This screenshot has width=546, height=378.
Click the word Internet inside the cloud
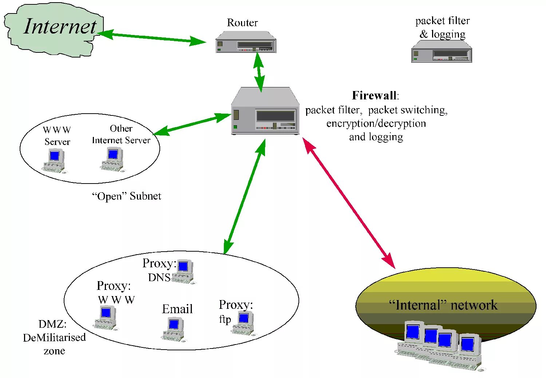[x=60, y=26]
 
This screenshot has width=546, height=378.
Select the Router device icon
[x=246, y=42]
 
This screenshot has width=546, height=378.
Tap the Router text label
[x=242, y=23]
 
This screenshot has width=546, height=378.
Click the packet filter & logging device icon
[x=442, y=51]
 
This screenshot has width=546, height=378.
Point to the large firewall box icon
[x=265, y=111]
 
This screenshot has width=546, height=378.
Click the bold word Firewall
[x=374, y=95]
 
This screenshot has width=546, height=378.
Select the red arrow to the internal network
[x=349, y=203]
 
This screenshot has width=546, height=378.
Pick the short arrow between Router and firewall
[x=259, y=72]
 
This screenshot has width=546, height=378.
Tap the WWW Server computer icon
[x=55, y=161]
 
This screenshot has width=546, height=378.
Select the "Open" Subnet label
[x=127, y=196]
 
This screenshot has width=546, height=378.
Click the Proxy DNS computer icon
[x=183, y=272]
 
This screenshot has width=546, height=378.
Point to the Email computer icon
[x=174, y=329]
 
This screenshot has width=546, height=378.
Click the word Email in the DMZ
[x=177, y=309]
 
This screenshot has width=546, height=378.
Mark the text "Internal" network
[x=443, y=305]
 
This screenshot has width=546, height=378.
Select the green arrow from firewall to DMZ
[x=244, y=197]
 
